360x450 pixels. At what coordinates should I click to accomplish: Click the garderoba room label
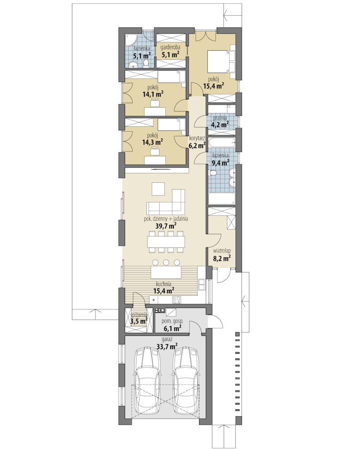coord(170,47)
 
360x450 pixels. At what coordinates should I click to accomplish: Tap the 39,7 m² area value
coord(166,226)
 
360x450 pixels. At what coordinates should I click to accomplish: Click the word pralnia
coord(220,118)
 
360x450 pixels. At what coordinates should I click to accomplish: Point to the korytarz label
coord(197,138)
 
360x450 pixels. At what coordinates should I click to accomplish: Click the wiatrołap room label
coord(222,251)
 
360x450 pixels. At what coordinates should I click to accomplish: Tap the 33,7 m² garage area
coord(167,347)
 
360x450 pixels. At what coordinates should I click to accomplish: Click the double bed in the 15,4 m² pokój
coord(221,61)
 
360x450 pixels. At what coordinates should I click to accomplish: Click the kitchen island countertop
coord(166,272)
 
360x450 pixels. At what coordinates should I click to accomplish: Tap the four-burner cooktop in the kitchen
coord(177,300)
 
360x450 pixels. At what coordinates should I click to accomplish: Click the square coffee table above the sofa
coord(158,189)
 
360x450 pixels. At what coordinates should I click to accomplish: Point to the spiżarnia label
coord(139,315)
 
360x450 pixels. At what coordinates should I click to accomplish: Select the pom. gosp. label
coord(172,321)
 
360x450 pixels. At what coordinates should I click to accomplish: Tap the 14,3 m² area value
coord(153,142)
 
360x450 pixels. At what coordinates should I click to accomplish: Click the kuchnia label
coord(164,284)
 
